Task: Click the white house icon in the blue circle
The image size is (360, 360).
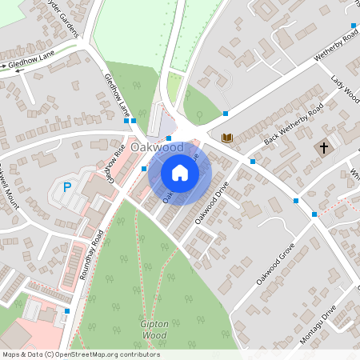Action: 180,172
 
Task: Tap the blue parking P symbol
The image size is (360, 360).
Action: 67,188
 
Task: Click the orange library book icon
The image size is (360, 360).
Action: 227,138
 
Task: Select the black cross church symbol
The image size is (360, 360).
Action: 324,148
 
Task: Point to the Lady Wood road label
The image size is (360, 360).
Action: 345,89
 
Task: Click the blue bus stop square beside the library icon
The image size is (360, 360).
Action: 252,161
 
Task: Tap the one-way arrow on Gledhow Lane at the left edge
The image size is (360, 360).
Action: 13,70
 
